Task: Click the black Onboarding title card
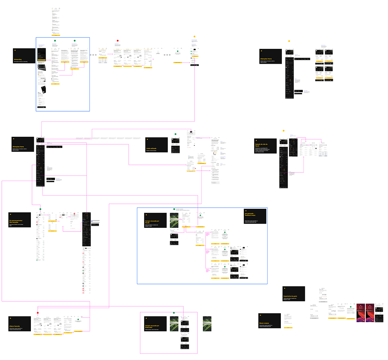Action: pos(24,56)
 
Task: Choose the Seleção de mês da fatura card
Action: pos(265,146)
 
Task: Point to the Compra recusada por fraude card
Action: pos(155,222)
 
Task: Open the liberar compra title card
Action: pos(269,320)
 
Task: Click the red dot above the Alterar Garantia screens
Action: pos(37,313)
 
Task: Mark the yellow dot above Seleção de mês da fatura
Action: pos(284,131)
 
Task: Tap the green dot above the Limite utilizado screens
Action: pos(175,134)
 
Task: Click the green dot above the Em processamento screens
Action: pos(41,209)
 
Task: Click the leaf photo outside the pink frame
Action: pos(207,323)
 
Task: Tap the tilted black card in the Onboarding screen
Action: pos(44,90)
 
